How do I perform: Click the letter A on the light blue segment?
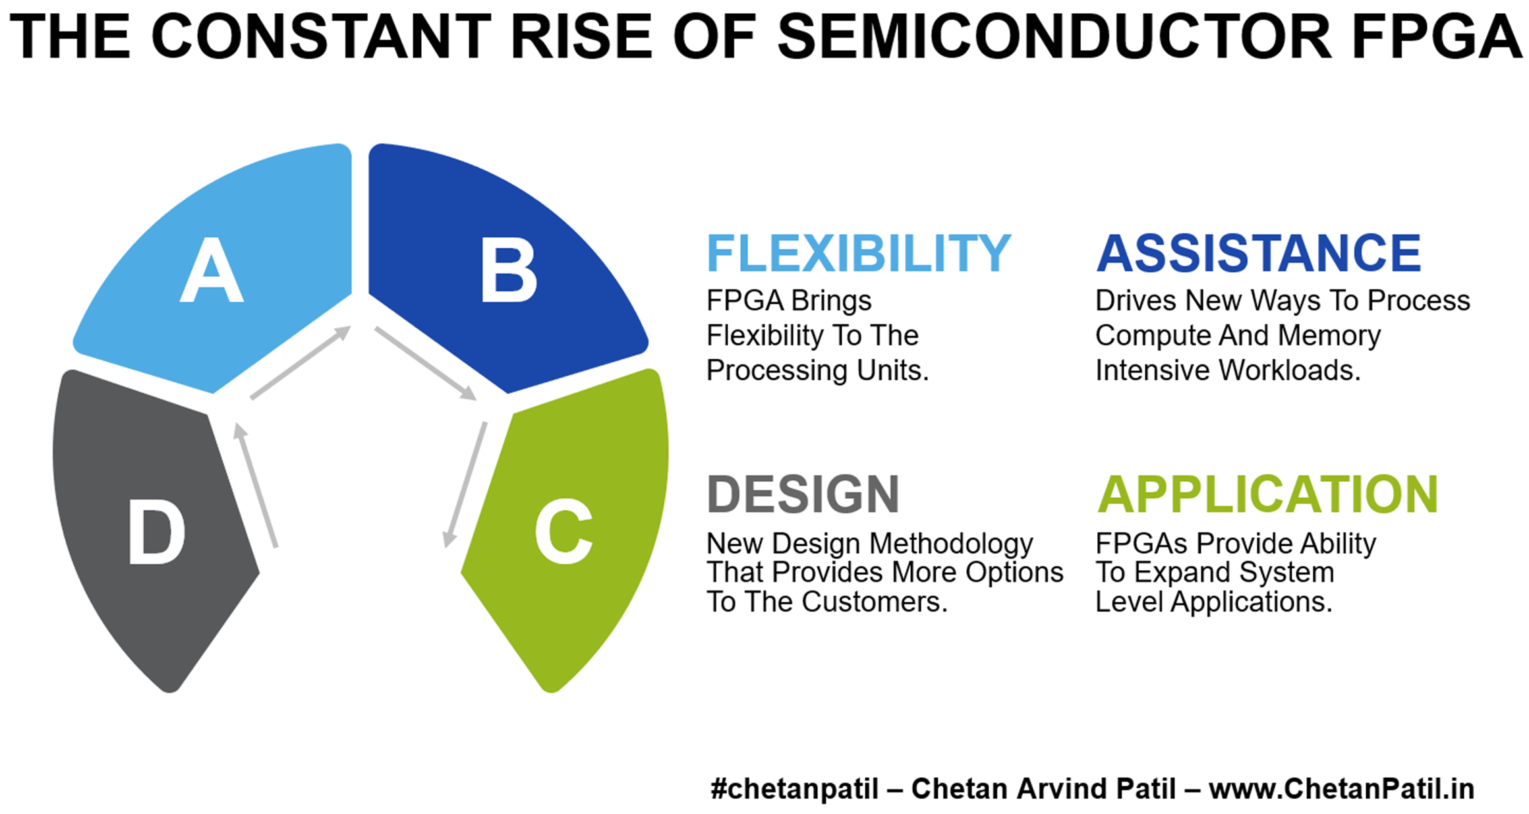pos(212,270)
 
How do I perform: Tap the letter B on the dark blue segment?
pos(508,270)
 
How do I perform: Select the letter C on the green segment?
pos(563,531)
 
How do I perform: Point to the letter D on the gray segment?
pos(156,531)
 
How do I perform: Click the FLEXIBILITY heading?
pos(859,253)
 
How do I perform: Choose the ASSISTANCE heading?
pos(1259,253)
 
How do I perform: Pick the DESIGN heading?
pos(803,494)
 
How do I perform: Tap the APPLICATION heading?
pos(1267,494)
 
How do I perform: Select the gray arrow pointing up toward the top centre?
pos(301,363)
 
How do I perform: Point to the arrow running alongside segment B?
pos(426,363)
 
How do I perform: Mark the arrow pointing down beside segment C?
pos(465,485)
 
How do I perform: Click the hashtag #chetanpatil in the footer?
pos(794,789)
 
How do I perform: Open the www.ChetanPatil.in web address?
pos(1342,789)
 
